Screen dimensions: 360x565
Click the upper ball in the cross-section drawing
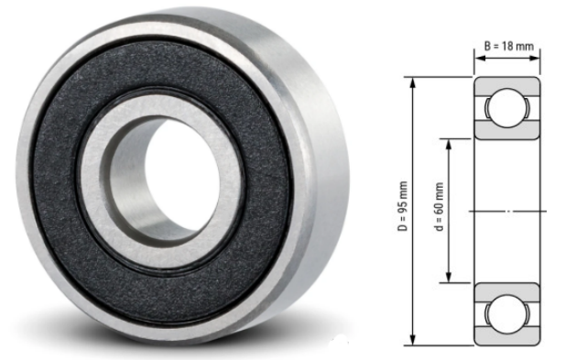(x=505, y=107)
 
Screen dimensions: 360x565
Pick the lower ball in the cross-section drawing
(x=505, y=315)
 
